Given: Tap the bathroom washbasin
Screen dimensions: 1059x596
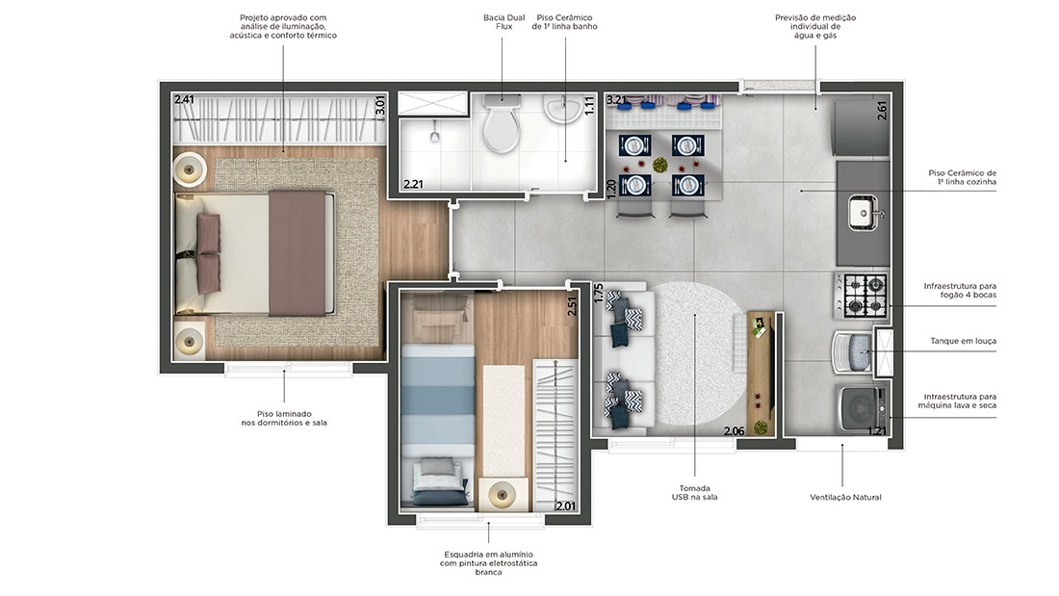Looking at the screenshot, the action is point(562,109).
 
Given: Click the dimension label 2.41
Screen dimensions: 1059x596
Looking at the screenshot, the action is point(184,100).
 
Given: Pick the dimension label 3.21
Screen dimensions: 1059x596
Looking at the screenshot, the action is point(616,101).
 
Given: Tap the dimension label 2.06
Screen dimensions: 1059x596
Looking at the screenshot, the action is point(735,431).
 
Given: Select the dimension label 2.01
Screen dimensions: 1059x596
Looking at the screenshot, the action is point(565,505).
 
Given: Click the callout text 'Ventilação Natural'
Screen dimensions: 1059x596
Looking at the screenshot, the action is point(845,498).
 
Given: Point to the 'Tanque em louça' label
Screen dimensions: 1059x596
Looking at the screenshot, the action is point(963,341).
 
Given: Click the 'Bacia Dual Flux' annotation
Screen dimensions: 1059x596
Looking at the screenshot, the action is point(504,22).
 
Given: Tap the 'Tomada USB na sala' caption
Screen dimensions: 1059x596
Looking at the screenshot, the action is point(694,493).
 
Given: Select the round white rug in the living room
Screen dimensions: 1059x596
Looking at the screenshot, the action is point(695,353).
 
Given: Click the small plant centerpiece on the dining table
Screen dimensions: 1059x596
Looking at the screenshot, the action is point(659,165).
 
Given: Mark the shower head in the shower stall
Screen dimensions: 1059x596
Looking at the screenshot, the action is point(435,135).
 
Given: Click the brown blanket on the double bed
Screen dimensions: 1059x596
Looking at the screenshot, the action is point(297,252).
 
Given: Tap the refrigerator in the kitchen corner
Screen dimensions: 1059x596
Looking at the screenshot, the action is point(863,127).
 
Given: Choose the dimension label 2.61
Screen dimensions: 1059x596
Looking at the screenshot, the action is point(882,110).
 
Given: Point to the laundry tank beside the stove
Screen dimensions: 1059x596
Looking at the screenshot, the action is point(852,351).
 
